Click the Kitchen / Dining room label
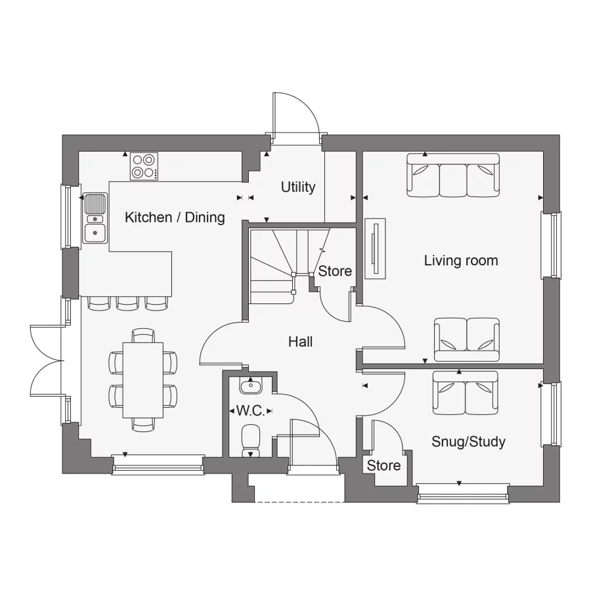(175, 217)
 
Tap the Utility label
(298, 187)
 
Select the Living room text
(461, 261)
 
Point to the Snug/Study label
(468, 442)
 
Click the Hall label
(300, 342)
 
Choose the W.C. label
(250, 411)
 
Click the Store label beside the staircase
(335, 271)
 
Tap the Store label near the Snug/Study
(383, 466)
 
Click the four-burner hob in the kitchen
(144, 166)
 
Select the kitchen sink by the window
(95, 218)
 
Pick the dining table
(143, 380)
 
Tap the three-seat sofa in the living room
(452, 175)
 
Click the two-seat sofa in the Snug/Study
(465, 393)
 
